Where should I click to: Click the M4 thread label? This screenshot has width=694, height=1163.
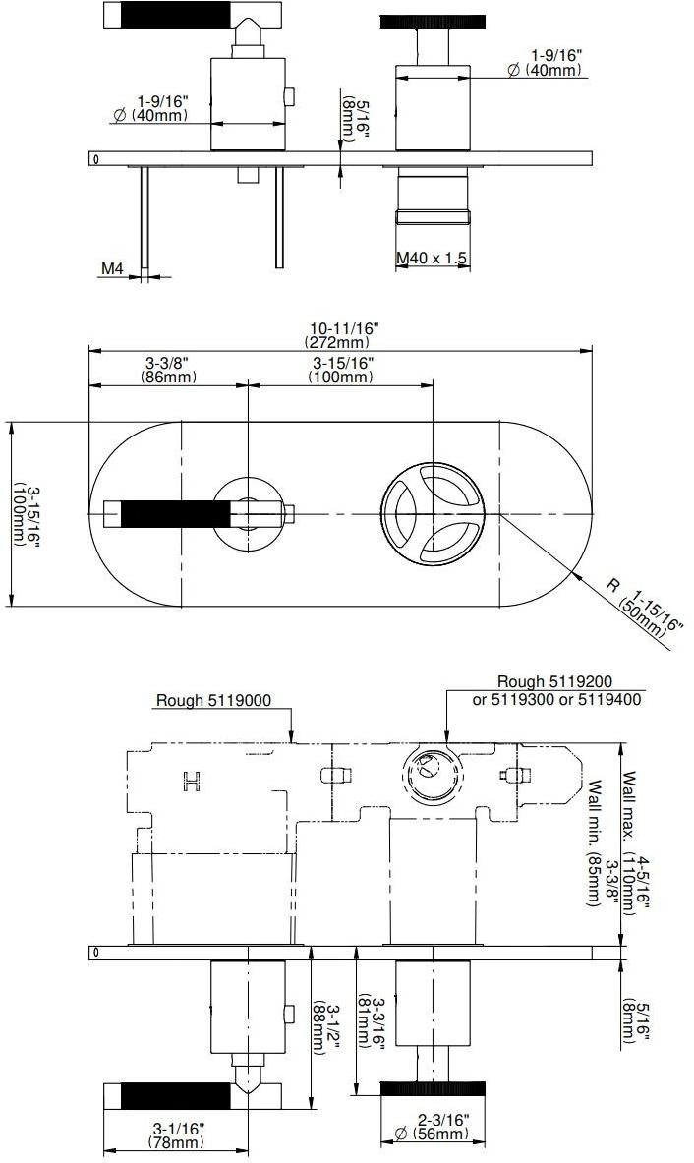111,268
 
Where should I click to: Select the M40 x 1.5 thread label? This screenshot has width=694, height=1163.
432,258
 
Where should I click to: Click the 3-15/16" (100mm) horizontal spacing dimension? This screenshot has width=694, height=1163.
341,370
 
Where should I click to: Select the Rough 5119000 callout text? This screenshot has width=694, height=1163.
213,701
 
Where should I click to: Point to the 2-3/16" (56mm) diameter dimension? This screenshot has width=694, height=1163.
433,1127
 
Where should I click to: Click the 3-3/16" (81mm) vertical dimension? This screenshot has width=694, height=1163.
370,1022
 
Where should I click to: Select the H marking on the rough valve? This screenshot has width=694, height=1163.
192,782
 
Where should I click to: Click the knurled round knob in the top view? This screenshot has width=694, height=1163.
433,20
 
